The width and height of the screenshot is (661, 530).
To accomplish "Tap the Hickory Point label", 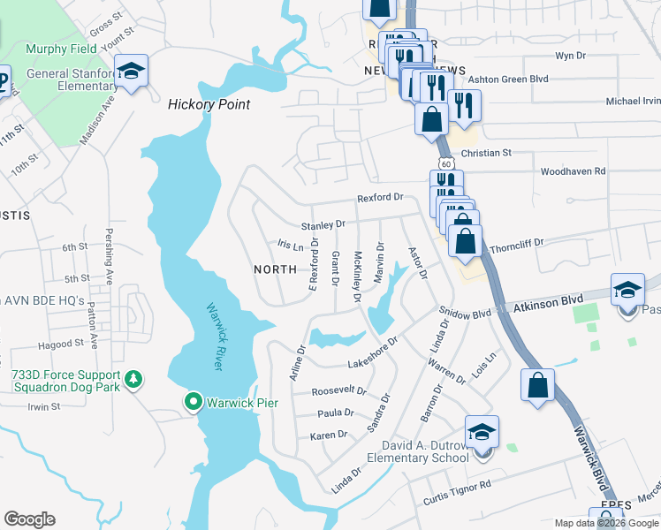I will [209, 104].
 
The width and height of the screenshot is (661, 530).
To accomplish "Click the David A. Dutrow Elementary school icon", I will [482, 433].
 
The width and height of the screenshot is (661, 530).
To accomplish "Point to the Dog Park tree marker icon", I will [133, 380].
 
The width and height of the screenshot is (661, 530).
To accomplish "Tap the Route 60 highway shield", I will [446, 163].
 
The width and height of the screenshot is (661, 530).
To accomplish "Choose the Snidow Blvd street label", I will [465, 314].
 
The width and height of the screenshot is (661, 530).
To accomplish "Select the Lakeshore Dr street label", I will [374, 350].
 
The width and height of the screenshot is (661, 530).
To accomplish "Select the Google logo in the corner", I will [29, 519].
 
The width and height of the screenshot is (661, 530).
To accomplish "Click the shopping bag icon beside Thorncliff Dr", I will [466, 241].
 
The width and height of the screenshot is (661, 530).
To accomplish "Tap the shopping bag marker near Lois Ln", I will [537, 386].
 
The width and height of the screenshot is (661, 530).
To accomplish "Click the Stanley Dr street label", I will [323, 225].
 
